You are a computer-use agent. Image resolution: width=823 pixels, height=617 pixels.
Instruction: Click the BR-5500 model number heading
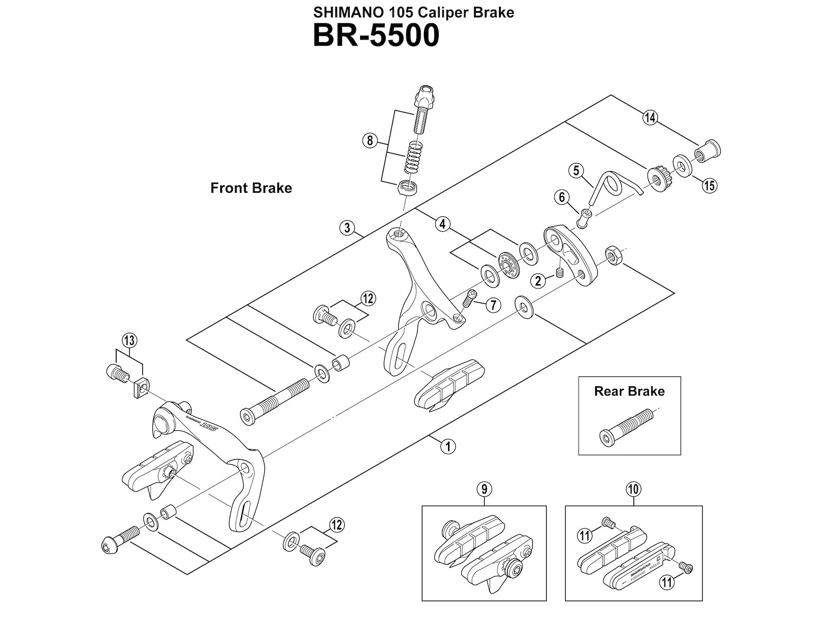coord(376,35)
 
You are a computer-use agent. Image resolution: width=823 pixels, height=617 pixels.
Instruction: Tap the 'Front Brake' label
coord(251,188)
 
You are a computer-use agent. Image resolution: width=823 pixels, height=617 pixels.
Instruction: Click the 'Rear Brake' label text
coord(629,391)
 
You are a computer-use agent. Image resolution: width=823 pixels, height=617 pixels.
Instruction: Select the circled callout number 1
coord(448,446)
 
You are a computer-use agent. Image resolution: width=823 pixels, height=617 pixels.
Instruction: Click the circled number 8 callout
coord(370,140)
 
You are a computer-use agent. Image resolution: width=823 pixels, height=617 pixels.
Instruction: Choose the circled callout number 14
coord(650,118)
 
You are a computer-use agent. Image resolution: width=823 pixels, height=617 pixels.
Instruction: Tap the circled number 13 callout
coord(129,340)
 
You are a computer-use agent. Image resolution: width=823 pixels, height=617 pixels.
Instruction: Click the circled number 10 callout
coord(633,489)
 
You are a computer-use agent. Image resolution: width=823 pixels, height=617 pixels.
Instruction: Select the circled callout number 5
coord(576,170)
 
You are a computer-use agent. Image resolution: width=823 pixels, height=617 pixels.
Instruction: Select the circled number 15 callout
coord(709,185)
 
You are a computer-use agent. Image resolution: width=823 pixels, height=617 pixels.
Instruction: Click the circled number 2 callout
coord(539,281)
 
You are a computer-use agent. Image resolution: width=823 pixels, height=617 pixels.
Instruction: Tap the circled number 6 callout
coord(562,197)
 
